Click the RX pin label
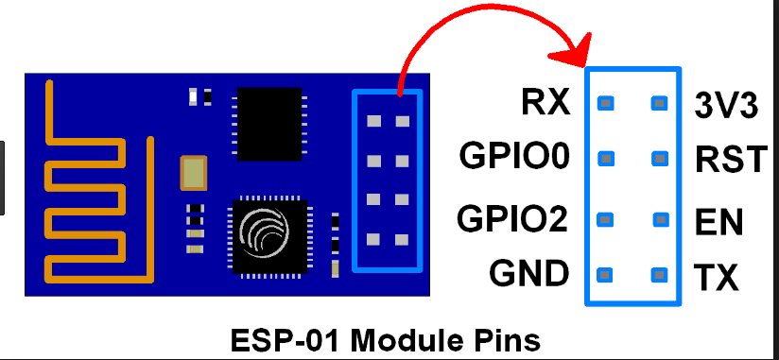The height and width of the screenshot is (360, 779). coord(545,102)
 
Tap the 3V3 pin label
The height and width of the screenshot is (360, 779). coord(726,106)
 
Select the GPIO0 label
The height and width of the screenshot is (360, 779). coord(514,155)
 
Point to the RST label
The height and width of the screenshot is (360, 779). coord(730,159)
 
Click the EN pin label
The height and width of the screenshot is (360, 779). coord(718,223)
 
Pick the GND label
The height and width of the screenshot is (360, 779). coord(528,274)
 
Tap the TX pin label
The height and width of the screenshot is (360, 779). coord(716,278)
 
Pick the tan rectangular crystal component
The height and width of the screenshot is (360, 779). coord(193,172)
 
